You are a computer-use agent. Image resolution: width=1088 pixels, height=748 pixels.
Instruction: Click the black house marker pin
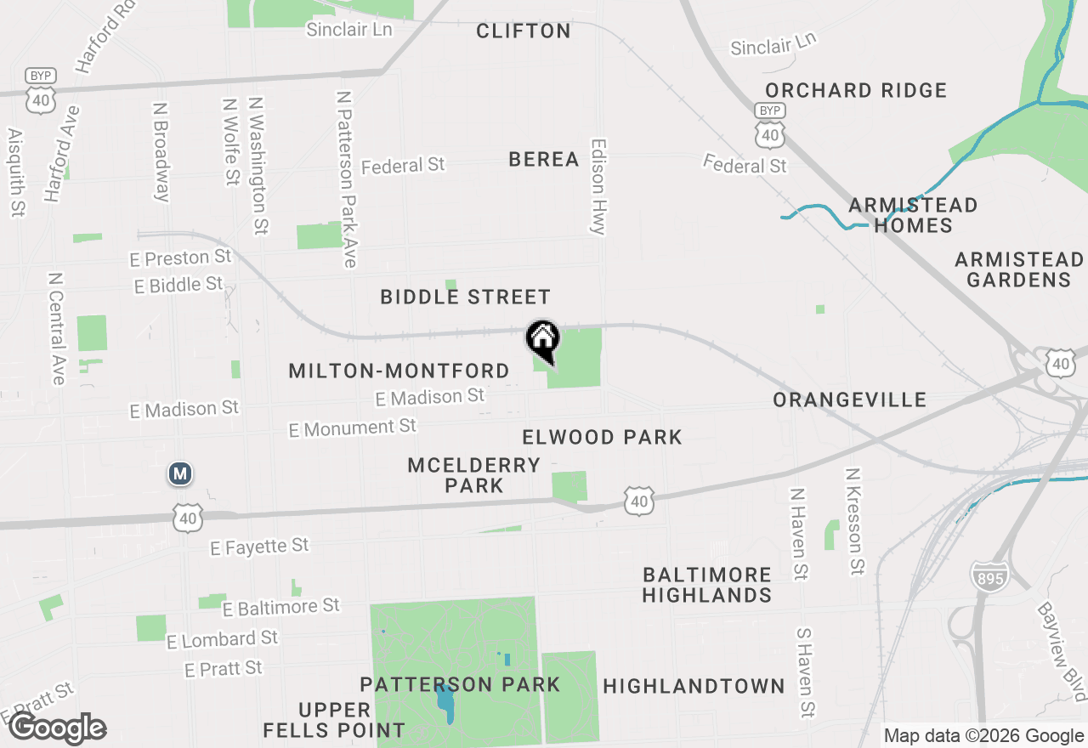tap(543, 340)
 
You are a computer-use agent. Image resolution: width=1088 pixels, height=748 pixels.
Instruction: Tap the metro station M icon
tap(179, 473)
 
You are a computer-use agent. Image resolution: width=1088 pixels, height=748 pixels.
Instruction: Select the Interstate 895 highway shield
tap(988, 577)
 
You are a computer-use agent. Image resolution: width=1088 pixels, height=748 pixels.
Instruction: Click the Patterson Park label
tap(460, 684)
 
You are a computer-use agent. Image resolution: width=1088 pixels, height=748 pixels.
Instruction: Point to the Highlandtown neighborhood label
tap(694, 686)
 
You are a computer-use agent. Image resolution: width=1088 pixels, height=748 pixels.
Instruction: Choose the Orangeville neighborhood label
tap(849, 399)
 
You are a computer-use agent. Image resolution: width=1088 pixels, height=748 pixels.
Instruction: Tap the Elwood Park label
tap(602, 438)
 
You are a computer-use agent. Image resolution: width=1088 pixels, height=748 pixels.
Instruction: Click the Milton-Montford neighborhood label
tap(399, 371)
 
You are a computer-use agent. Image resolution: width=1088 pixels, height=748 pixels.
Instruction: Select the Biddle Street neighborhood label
tap(465, 297)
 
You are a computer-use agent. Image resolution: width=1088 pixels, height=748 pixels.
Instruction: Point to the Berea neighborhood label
tap(544, 159)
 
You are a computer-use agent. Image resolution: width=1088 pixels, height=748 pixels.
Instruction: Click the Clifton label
tap(523, 31)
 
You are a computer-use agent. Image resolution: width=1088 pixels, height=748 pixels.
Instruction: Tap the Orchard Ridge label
tap(855, 90)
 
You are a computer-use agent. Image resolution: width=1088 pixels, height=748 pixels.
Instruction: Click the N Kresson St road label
tap(855, 520)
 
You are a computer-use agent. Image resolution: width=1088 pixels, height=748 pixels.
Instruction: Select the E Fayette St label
tap(259, 547)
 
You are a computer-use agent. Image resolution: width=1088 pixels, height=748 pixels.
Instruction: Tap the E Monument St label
tap(352, 428)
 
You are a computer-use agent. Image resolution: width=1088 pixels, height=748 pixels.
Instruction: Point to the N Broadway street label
tap(160, 153)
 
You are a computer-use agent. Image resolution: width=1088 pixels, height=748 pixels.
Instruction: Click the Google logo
tap(58, 728)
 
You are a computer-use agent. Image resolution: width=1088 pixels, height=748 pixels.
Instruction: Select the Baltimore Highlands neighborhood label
tap(706, 585)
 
